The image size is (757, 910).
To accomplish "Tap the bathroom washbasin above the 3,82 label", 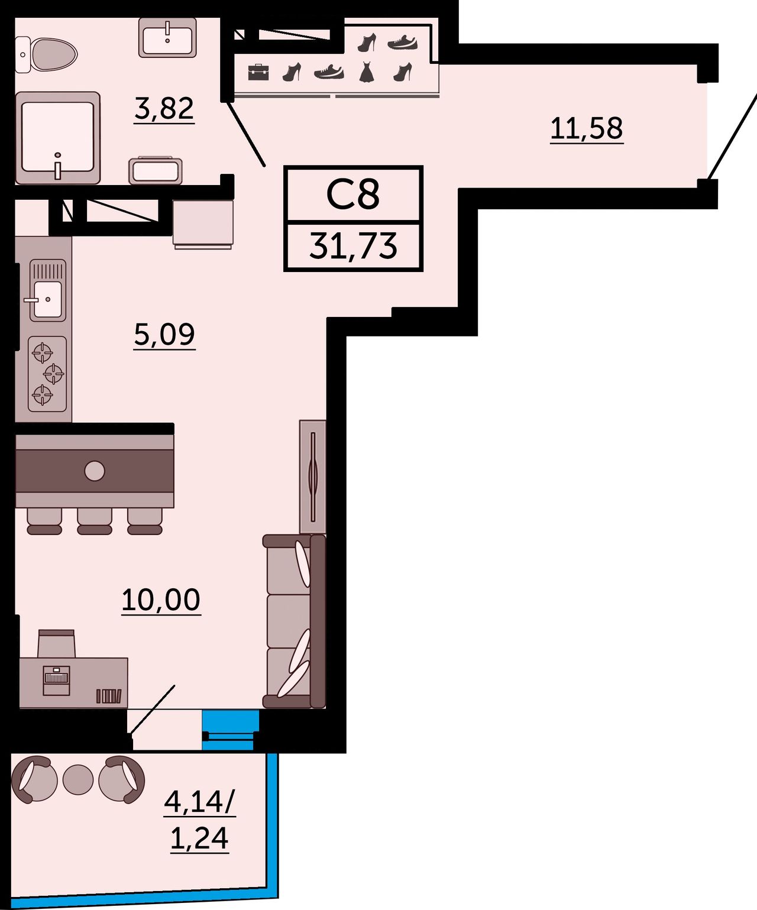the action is (167, 37).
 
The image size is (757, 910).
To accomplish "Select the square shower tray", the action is (57, 138).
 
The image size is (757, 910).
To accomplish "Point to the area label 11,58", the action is (587, 128).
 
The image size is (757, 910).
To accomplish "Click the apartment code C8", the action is (352, 195).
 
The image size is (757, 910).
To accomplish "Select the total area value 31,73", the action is (353, 245).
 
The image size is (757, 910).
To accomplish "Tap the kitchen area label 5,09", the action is (164, 335).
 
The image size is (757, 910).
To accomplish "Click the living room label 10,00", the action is (161, 600).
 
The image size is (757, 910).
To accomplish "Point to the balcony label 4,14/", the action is (200, 802).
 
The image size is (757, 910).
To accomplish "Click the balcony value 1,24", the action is (199, 838).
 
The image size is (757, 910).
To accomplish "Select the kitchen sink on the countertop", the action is (47, 290).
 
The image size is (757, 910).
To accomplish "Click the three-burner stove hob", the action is (47, 374).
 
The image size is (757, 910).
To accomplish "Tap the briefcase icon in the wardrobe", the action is (258, 73).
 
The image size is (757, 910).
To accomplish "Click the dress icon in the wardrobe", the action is (367, 72).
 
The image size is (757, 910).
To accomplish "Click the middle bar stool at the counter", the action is (95, 521).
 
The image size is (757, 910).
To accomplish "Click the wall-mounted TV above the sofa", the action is (313, 477).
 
